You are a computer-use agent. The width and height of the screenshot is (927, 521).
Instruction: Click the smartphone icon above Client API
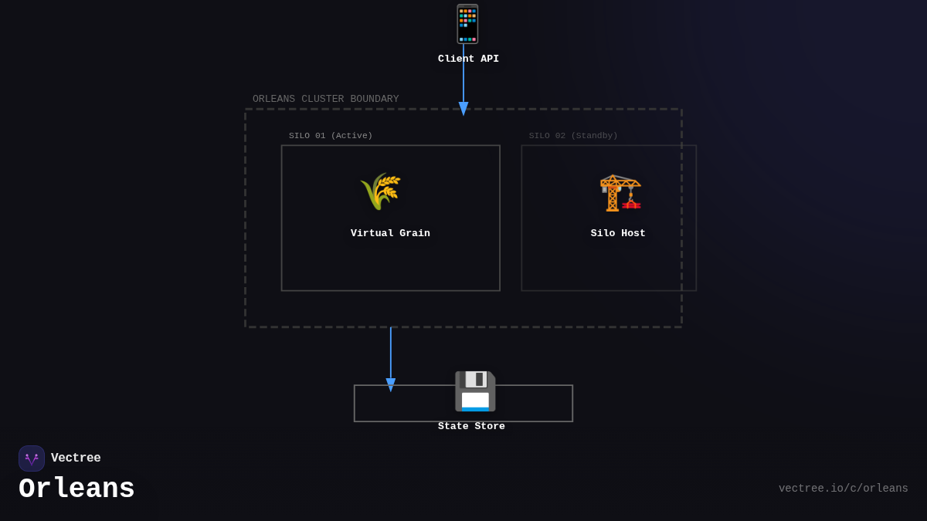[x=467, y=24]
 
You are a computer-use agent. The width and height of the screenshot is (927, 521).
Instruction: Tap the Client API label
[x=468, y=59]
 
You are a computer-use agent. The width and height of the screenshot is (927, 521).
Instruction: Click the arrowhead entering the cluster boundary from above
[x=463, y=109]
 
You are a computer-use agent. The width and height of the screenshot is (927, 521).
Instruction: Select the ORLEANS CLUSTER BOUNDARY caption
[x=325, y=99]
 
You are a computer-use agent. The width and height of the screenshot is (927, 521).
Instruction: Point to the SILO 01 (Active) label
[x=331, y=136]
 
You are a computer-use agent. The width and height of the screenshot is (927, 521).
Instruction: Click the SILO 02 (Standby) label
[x=573, y=136]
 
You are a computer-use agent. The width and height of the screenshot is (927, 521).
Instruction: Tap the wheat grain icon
[x=380, y=191]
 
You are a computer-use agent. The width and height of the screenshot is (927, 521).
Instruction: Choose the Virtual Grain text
[x=390, y=233]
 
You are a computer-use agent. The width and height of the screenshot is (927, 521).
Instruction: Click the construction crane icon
[x=620, y=192]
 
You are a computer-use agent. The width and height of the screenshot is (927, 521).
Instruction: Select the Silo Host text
[x=618, y=233]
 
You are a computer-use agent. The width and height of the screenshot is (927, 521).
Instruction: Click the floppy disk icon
[x=474, y=391]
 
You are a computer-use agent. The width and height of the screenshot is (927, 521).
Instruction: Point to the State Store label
[x=471, y=426]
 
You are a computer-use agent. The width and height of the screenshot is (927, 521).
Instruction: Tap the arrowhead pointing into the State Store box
[x=391, y=384]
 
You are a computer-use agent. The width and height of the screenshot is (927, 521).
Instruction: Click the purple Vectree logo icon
[x=32, y=458]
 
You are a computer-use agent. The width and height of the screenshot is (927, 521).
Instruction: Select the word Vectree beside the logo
[x=76, y=458]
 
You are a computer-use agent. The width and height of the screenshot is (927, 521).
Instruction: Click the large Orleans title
[x=76, y=489]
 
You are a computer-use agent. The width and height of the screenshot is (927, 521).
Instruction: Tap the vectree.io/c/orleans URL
[x=843, y=489]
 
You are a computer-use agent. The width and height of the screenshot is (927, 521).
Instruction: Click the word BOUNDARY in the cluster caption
[x=375, y=99]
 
